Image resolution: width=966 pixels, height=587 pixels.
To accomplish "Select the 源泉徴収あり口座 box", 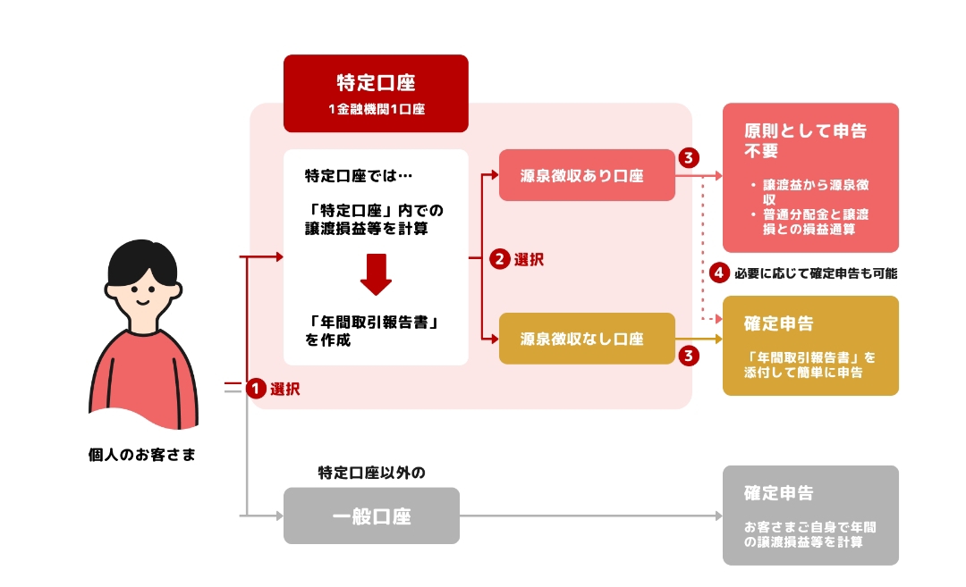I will (586, 175).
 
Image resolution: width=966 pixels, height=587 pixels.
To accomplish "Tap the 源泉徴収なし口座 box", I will (586, 339).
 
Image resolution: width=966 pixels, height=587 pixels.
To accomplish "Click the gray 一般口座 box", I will (371, 516).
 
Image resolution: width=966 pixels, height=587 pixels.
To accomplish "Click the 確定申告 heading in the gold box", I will (778, 323).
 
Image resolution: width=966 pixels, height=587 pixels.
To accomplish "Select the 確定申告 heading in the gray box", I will (778, 493).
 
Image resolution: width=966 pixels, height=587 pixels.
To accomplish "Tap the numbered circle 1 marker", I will (257, 389).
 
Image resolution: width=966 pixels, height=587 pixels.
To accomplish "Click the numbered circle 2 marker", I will (500, 260).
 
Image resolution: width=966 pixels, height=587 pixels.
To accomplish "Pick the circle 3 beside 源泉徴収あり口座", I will (688, 158).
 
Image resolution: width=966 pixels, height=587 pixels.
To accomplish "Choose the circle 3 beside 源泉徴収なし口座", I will (688, 356).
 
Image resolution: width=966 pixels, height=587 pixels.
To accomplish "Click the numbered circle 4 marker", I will (718, 273).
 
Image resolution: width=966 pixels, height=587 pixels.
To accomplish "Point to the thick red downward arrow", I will (376, 273).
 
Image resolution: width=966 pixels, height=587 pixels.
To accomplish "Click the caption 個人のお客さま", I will (141, 456).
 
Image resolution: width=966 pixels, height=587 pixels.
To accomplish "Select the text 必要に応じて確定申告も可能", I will (815, 273).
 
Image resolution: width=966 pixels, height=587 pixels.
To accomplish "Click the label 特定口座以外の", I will (371, 472).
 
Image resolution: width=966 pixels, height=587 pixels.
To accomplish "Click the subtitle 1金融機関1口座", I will (376, 110).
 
